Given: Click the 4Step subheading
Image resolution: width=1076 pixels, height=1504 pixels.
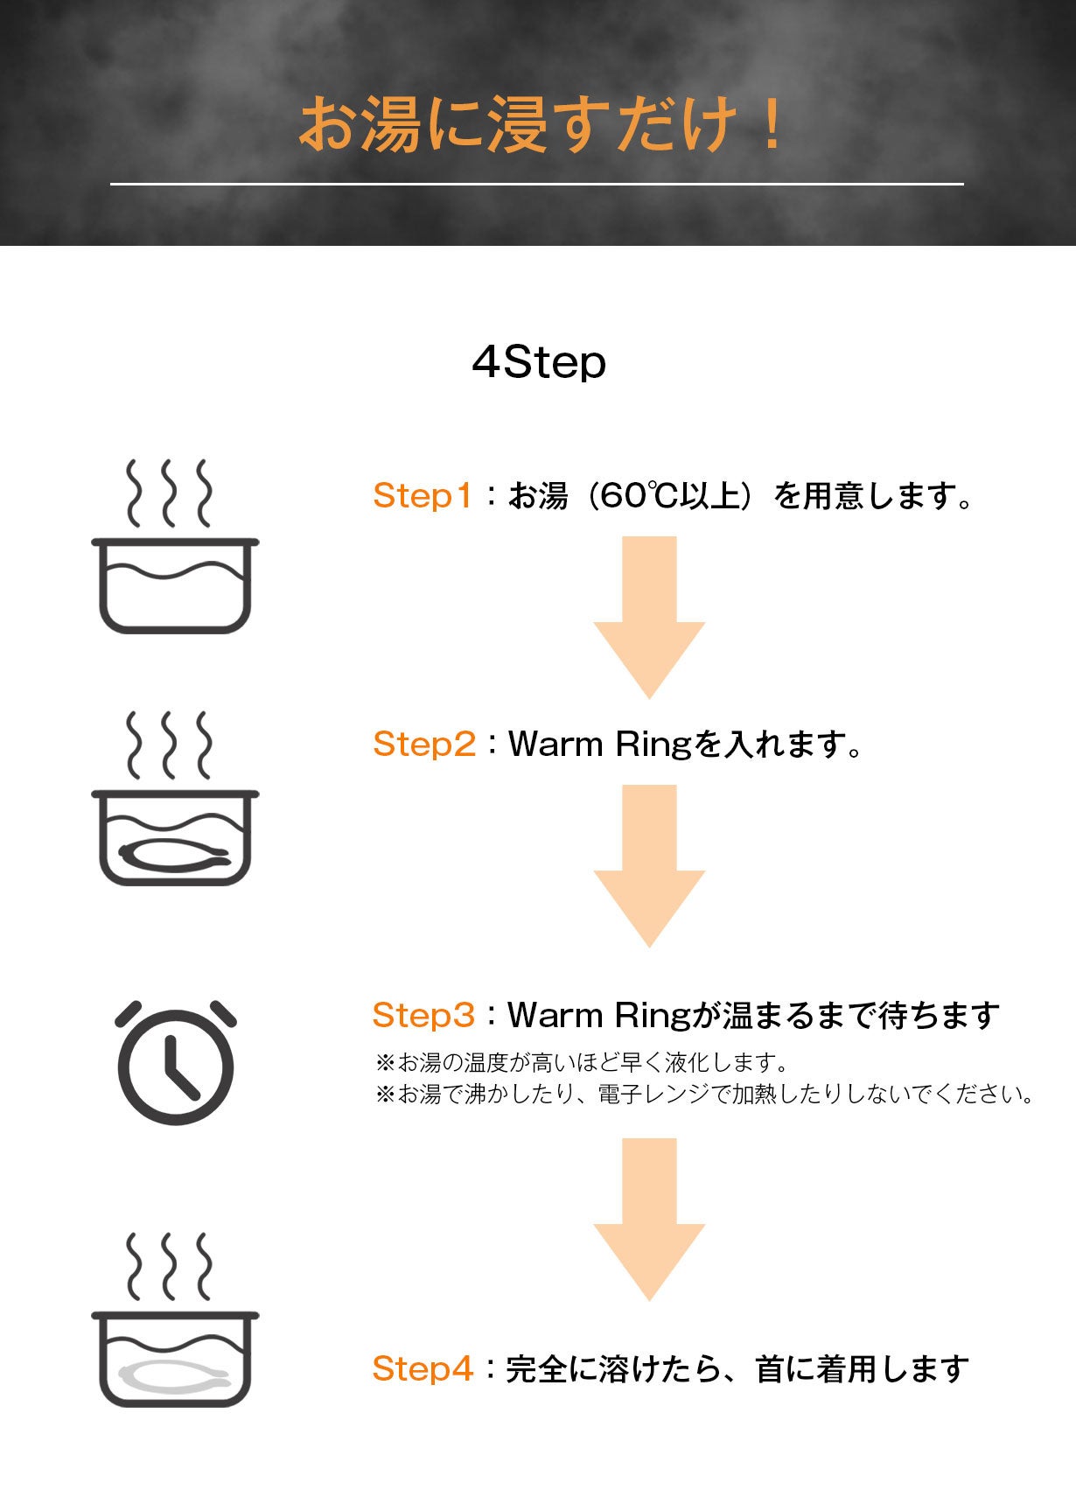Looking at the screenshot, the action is click(x=538, y=361).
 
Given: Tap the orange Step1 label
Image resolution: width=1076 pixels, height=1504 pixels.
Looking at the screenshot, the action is click(x=423, y=495).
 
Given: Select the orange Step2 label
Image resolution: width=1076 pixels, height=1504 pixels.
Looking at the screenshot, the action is click(x=424, y=744).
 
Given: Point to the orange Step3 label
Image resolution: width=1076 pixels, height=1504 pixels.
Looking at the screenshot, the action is click(x=423, y=1015).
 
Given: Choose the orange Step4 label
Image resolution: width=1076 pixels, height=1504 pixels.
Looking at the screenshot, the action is click(x=423, y=1368).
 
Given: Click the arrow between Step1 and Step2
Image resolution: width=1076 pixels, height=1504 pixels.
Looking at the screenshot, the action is click(x=649, y=617).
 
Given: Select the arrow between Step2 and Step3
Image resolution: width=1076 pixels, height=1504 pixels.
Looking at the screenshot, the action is click(x=649, y=866).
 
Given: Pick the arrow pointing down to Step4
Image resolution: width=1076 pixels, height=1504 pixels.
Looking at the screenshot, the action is click(x=649, y=1219).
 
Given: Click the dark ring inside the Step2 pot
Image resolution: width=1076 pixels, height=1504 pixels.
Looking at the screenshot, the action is click(x=175, y=854).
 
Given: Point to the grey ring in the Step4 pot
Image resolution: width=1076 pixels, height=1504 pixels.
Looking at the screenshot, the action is click(x=175, y=1376).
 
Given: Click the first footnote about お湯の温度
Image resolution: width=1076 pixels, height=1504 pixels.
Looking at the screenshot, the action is click(x=583, y=1063).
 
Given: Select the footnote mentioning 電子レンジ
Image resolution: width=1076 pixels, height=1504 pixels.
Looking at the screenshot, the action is click(x=705, y=1094).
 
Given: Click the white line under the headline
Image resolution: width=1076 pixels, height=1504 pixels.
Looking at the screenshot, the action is click(x=537, y=184).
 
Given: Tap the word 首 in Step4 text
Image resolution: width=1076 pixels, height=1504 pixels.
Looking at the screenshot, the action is click(x=770, y=1368).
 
